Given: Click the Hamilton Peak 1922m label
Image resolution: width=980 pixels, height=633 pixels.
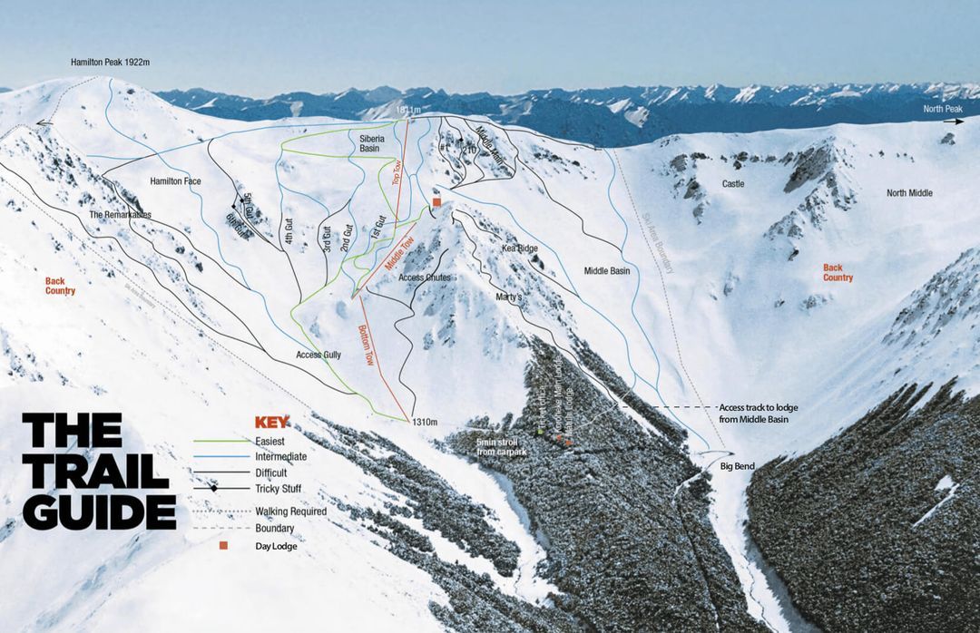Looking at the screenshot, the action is point(110,63).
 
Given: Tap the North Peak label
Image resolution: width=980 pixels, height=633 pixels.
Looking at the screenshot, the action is point(943,109).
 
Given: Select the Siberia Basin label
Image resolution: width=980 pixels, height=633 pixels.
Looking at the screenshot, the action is point(374,142).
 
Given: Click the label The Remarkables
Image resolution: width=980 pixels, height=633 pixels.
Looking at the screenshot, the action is point(120,215).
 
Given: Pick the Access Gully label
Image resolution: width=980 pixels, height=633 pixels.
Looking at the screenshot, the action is point(318,355).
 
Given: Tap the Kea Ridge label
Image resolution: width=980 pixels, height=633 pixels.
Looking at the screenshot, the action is point(520,248).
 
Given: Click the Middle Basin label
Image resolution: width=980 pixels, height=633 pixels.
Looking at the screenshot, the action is point(607,271).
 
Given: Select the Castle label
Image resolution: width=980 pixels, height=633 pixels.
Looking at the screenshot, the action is point(733,184).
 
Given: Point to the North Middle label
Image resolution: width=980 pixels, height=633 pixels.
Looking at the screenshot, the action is point(908,193).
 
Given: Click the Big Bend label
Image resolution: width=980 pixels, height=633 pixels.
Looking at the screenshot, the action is point(739,466).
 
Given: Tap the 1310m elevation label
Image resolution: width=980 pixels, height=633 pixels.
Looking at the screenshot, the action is point(425,423).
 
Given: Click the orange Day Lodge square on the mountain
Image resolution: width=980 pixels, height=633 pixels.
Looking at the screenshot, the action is point(436,203).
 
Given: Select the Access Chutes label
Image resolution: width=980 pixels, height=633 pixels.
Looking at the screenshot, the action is point(425,278).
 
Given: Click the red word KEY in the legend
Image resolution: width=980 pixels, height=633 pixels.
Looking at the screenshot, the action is point(271,422).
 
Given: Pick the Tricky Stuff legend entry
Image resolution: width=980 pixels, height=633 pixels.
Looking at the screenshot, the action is point(279,489).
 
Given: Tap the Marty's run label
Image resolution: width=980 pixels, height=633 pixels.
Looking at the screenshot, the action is point(510,297).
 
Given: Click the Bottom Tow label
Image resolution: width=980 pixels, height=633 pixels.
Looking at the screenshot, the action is point(366,345).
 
